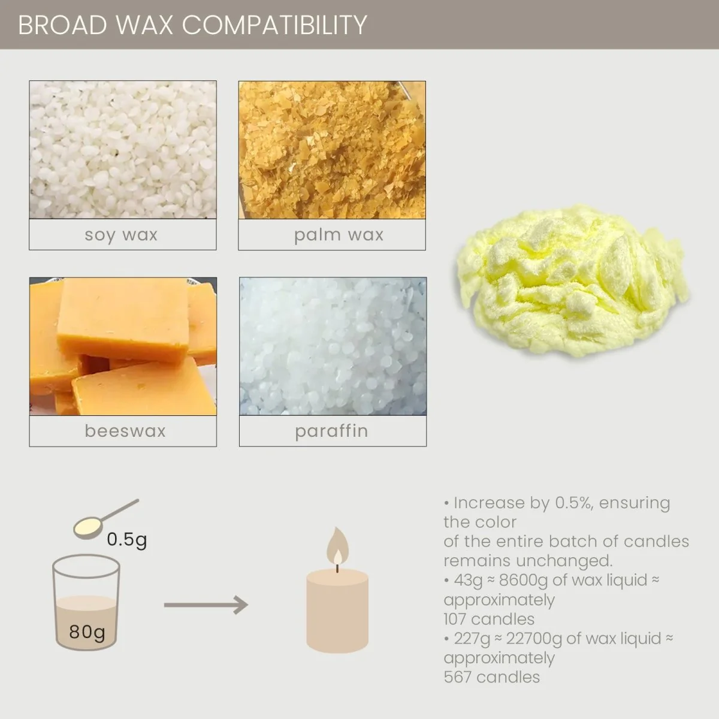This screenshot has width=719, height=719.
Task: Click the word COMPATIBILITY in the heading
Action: pos(274,25)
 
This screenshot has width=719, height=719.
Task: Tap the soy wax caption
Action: pos(122,234)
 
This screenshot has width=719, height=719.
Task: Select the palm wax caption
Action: pos(339,234)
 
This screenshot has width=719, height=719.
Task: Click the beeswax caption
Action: pos(125,431)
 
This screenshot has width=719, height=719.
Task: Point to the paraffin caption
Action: pos(331,431)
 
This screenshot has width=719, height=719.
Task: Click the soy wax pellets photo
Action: pos(123,150)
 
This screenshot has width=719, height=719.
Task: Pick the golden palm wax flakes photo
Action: pos(332,150)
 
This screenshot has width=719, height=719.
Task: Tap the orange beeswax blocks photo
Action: pos(123,346)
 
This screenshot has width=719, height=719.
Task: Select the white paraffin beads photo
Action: pos(333,346)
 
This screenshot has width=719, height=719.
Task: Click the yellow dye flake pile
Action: pos(572,288)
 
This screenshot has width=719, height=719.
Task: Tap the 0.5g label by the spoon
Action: pos(126,540)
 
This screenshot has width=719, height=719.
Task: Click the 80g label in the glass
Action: pos(87,632)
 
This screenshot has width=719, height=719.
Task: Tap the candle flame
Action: pos(337,546)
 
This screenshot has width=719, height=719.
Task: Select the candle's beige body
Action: pos(337,611)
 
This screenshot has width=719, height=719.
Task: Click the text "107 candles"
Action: pos(489,619)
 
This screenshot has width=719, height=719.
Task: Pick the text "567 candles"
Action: pos(491,677)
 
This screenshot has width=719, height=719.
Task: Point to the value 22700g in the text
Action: pos(534,639)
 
